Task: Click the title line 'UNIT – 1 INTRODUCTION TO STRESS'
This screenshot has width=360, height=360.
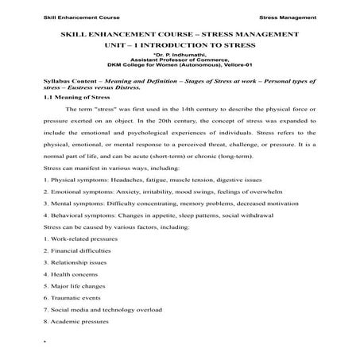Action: point(180,46)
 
